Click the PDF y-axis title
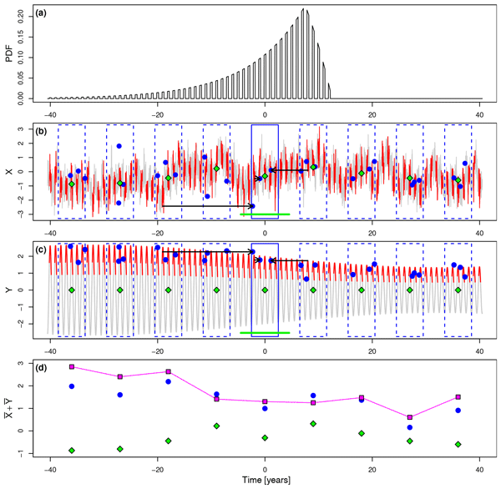[9, 54]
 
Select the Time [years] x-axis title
[265, 482]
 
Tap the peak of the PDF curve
[305, 10]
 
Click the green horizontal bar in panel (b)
[265, 214]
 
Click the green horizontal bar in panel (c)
[265, 333]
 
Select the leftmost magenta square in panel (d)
[72, 367]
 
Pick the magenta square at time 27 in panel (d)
[409, 417]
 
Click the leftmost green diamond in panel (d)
[72, 451]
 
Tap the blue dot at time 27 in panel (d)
[409, 427]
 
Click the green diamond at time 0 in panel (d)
[265, 438]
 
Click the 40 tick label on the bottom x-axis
[480, 469]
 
